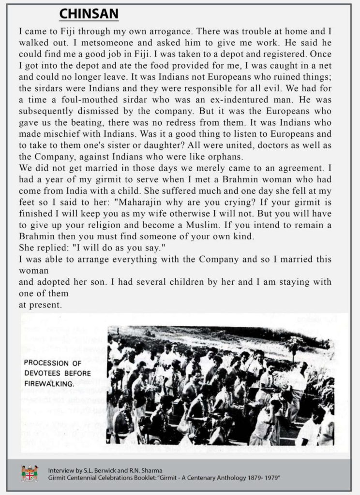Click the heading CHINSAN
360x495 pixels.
tap(89, 15)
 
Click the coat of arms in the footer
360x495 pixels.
tap(30, 473)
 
